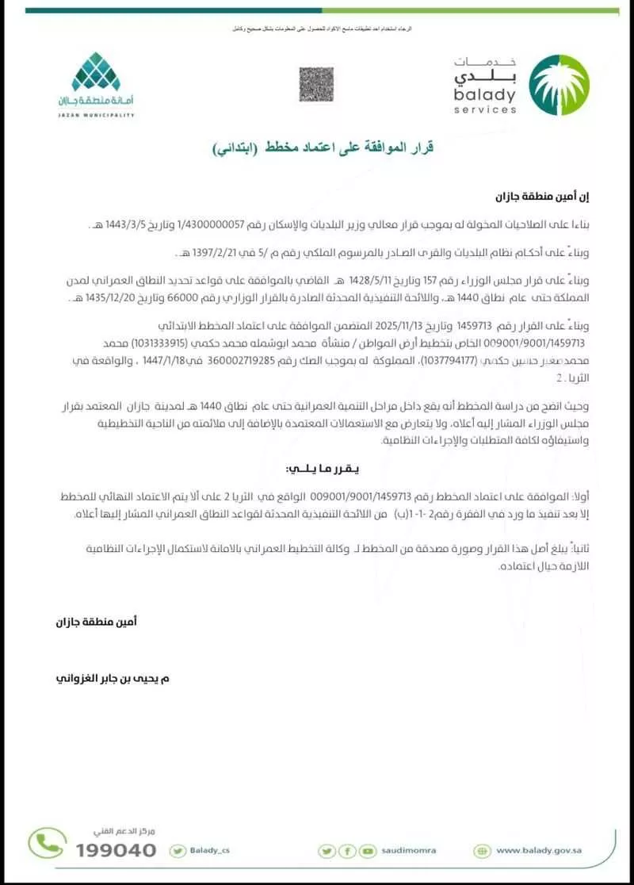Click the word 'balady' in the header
[x=485, y=96]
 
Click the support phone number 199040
[x=116, y=850]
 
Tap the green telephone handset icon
[x=48, y=844]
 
